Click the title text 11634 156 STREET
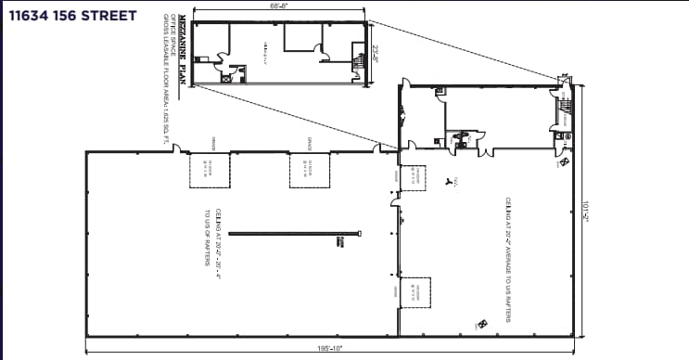click(71, 16)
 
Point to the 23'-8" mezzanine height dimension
click(376, 53)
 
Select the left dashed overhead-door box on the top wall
click(211, 172)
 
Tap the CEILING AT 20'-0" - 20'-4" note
click(218, 239)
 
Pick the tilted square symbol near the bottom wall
click(482, 323)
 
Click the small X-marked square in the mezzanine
click(225, 79)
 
